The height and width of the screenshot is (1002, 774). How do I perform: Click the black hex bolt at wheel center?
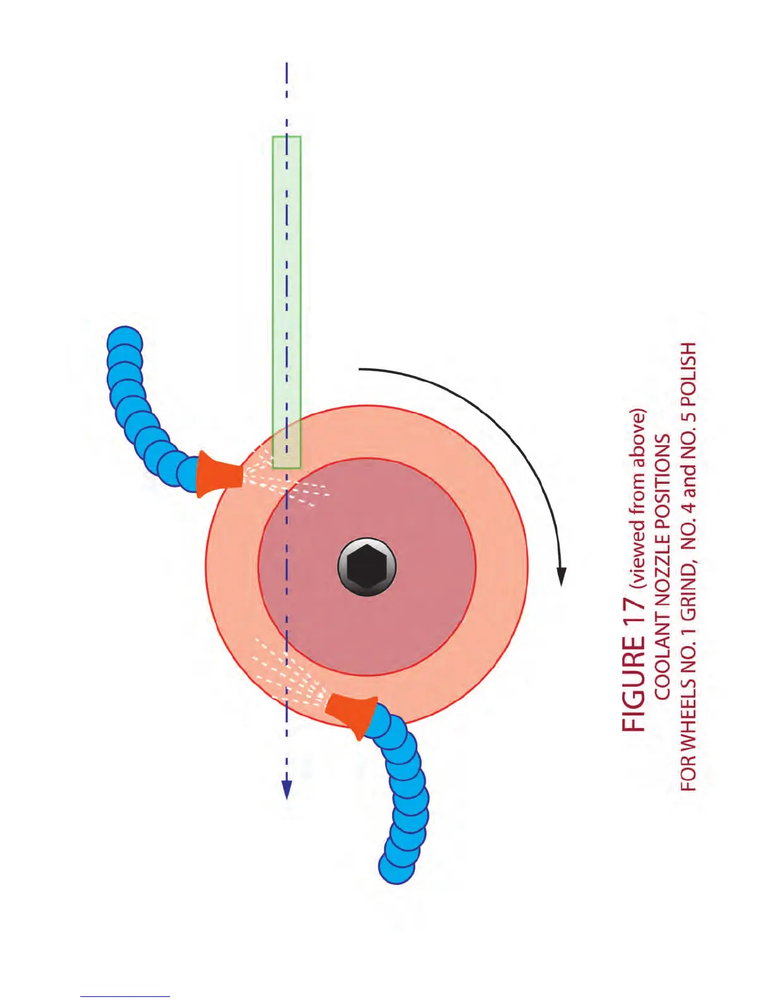coord(367,567)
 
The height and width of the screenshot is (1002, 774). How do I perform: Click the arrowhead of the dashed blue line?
coord(286,789)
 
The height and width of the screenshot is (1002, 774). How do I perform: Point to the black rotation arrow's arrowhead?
coord(561,576)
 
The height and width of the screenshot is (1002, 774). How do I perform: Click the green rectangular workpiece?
coord(286,285)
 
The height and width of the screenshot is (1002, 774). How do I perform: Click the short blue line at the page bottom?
coord(125,996)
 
